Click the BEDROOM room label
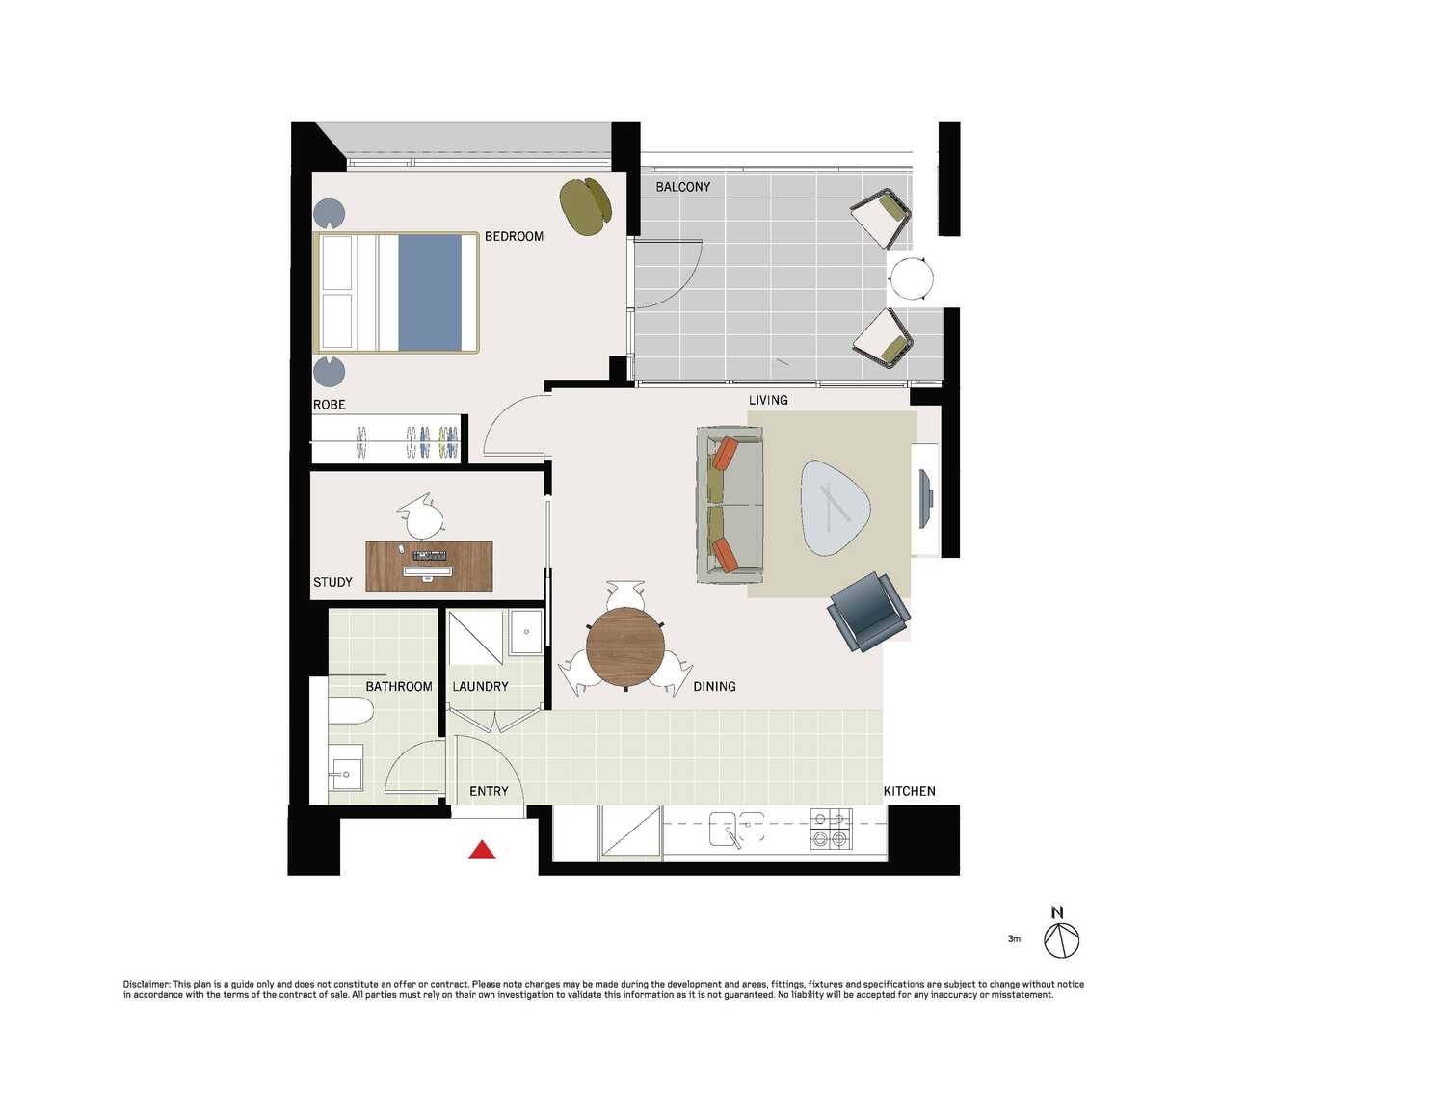click(x=514, y=236)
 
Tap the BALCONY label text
click(x=682, y=187)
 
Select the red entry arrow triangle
click(x=482, y=850)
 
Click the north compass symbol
click(x=1061, y=939)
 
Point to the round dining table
click(x=624, y=647)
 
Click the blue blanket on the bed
click(x=430, y=293)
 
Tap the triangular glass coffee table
click(x=835, y=507)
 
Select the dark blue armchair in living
click(x=868, y=612)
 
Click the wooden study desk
click(x=429, y=566)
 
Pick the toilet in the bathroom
click(x=350, y=710)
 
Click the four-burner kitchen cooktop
click(x=830, y=829)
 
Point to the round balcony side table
click(x=911, y=277)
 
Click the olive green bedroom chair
click(x=585, y=206)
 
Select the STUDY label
click(x=332, y=582)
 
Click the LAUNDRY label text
click(x=481, y=686)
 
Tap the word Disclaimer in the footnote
click(x=146, y=984)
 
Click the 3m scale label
click(x=1014, y=938)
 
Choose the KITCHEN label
click(x=910, y=791)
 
